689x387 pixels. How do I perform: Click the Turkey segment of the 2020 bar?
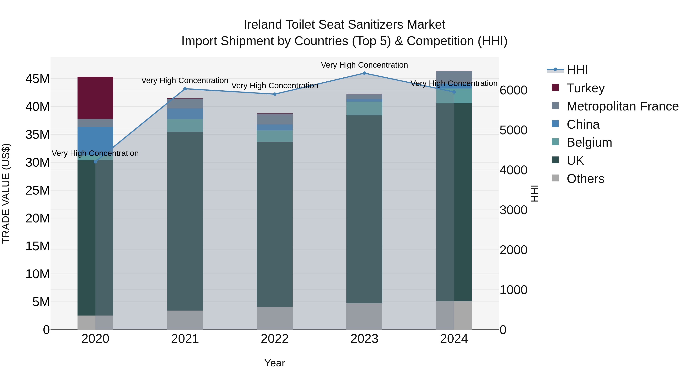95,98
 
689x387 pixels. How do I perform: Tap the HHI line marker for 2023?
364,73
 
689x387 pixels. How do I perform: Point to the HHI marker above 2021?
185,89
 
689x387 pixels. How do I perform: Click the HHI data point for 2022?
275,94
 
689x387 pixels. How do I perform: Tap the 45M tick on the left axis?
38,79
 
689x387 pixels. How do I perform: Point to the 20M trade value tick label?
38,218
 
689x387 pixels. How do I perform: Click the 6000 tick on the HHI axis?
513,90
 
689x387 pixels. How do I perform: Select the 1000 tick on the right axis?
513,290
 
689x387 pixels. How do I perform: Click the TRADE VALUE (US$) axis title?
6,193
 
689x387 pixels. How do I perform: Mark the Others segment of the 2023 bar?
364,316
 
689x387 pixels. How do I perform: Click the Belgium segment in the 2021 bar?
185,126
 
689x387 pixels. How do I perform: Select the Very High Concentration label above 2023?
364,65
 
